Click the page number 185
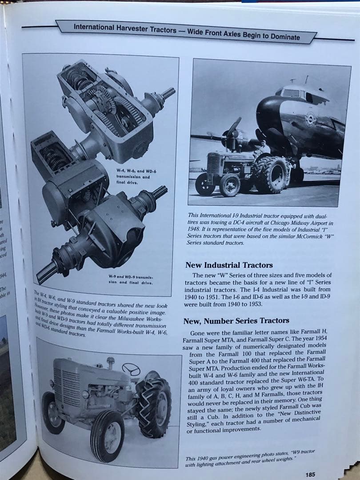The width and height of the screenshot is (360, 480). (310, 474)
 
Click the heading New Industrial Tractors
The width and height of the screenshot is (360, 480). (229, 265)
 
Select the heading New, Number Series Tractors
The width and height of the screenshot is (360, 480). (236, 320)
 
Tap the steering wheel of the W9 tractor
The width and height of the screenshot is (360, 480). (131, 369)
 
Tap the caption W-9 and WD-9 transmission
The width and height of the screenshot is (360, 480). (130, 280)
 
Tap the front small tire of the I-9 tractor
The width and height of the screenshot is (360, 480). (229, 184)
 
